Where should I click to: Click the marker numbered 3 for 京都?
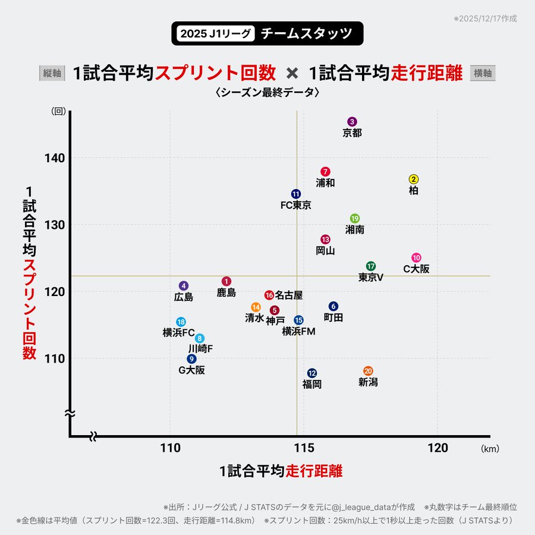click(352, 122)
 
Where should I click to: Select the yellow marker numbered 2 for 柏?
click(414, 180)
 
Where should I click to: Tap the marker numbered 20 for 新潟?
click(368, 371)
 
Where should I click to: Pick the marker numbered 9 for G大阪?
click(191, 359)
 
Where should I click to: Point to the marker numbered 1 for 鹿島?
click(226, 281)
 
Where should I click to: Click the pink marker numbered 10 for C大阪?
click(416, 258)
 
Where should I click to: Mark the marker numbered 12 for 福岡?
click(312, 373)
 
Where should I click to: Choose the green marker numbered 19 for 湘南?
click(355, 219)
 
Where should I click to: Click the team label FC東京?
click(295, 206)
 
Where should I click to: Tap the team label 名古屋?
click(289, 295)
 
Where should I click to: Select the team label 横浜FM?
click(298, 331)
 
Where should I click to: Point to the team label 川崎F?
click(200, 348)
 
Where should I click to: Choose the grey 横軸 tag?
click(483, 73)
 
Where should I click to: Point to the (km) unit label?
click(490, 449)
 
